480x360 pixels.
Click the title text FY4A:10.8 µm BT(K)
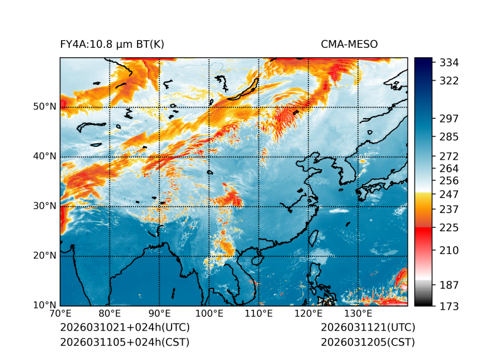112,44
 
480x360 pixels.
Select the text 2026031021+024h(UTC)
124,328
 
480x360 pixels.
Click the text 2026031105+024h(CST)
124,342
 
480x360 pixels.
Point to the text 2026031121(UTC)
368,328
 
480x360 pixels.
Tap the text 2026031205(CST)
368,342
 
